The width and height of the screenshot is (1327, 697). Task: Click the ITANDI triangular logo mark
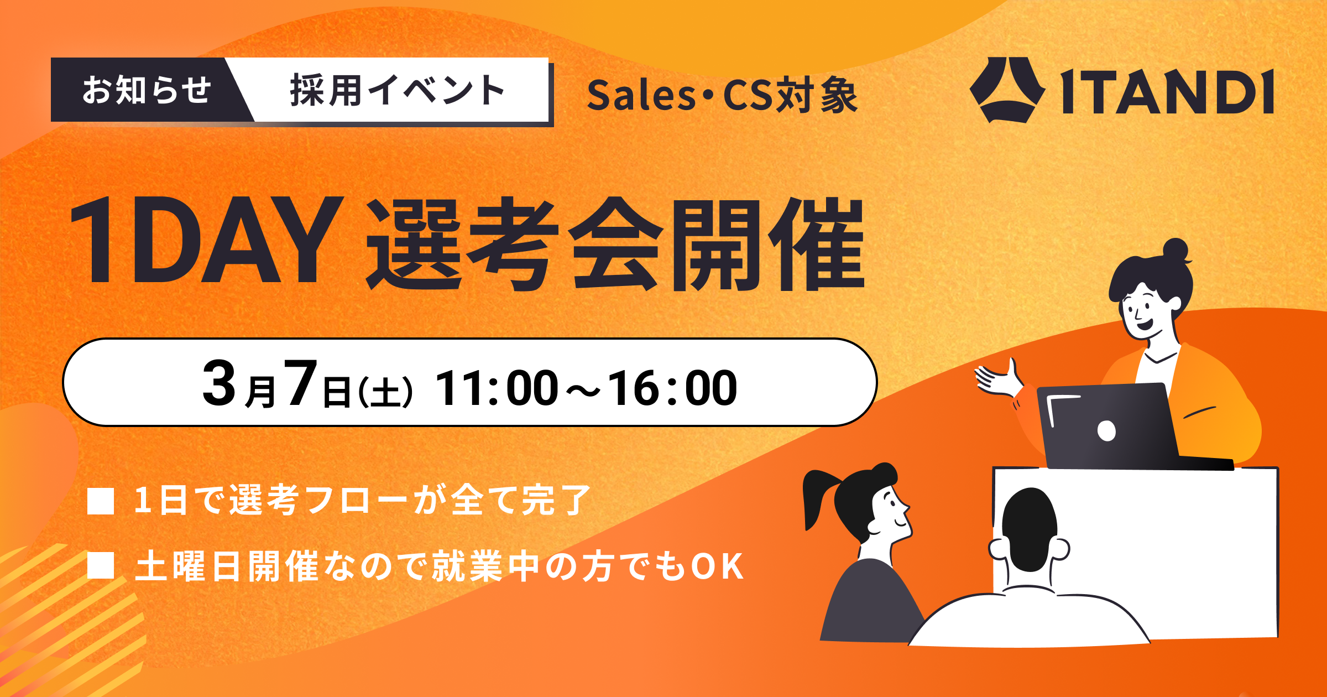(x=1007, y=90)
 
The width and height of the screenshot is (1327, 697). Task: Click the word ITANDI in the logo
(x=1167, y=92)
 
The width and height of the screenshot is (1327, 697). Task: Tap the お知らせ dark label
(x=146, y=90)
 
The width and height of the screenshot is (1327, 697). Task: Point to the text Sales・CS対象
(x=722, y=95)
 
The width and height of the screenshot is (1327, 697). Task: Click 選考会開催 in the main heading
(x=614, y=243)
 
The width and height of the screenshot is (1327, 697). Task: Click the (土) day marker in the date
(x=385, y=392)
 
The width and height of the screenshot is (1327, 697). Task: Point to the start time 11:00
(x=497, y=388)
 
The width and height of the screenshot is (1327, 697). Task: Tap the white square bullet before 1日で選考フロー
(x=101, y=501)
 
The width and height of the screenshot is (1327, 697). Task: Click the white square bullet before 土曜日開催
(x=101, y=565)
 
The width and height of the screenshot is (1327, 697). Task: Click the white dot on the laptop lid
(x=1106, y=430)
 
